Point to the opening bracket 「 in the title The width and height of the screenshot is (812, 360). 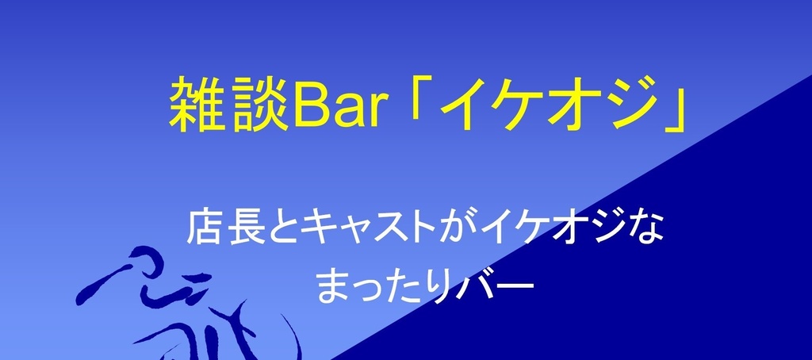click(416, 99)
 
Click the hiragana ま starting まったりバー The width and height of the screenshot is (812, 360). click(333, 287)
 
